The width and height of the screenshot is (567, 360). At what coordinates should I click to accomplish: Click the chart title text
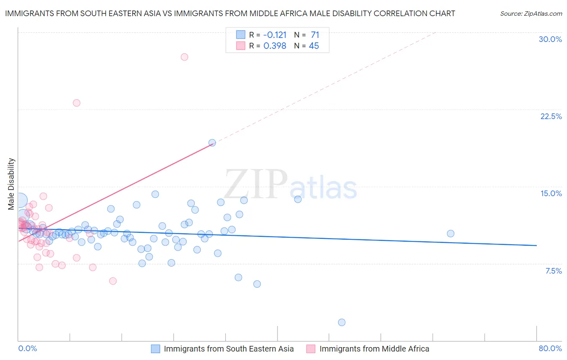click(x=230, y=13)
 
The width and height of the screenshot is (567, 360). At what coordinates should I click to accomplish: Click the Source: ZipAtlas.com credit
click(x=531, y=13)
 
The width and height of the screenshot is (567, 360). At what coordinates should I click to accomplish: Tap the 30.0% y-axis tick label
click(x=550, y=39)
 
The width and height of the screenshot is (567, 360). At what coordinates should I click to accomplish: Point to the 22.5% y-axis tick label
click(x=551, y=116)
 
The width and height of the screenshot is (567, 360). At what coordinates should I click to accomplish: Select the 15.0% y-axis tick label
click(x=551, y=193)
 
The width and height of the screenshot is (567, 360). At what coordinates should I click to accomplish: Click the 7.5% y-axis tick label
click(x=553, y=271)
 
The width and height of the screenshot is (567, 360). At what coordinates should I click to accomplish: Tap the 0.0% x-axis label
click(x=27, y=348)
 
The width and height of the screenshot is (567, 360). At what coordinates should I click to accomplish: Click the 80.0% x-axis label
click(x=550, y=348)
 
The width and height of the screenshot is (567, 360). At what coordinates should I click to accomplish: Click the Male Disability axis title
click(x=11, y=184)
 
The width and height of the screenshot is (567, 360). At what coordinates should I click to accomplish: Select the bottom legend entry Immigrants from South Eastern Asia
click(x=228, y=349)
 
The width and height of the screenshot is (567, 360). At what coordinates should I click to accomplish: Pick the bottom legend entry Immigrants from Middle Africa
click(x=374, y=349)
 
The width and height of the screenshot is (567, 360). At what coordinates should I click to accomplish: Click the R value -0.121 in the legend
click(x=275, y=35)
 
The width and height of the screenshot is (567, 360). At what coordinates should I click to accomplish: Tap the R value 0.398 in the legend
click(x=275, y=46)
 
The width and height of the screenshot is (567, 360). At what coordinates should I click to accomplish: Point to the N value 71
click(x=315, y=35)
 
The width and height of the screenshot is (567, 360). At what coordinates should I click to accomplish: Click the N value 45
click(x=314, y=46)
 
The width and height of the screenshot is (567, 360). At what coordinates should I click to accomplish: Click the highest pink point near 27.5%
click(x=184, y=57)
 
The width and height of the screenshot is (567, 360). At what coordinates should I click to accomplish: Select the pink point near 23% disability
click(x=77, y=103)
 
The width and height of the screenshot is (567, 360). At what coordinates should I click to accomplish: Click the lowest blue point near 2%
click(x=342, y=322)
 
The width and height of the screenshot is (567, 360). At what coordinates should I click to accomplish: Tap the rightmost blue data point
click(x=450, y=234)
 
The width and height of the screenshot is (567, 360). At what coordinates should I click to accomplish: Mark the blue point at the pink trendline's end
click(x=212, y=142)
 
